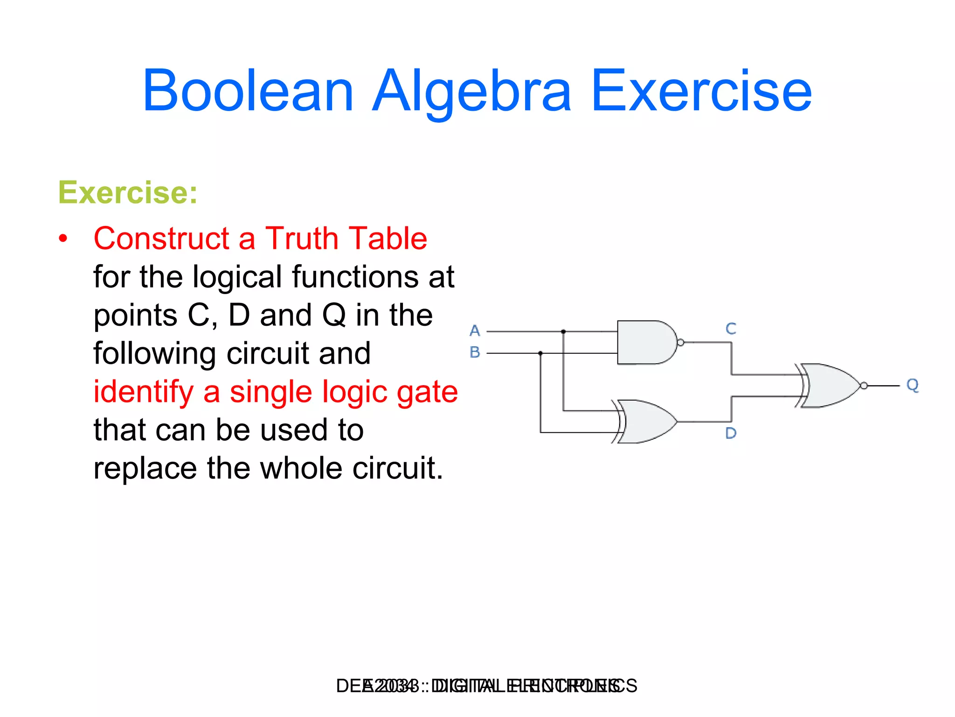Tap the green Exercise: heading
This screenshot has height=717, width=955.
point(128,192)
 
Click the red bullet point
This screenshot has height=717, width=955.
point(63,239)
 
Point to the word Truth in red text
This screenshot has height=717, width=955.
point(302,239)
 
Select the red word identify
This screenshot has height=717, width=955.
point(143,392)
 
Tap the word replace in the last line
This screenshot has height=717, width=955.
point(145,468)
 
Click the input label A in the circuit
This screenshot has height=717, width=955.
point(475,331)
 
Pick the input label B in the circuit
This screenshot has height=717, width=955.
point(475,352)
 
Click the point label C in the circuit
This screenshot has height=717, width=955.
point(731,329)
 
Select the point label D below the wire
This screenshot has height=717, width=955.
point(731,434)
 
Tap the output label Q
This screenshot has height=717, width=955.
point(912,385)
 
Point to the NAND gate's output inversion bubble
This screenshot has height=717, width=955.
point(680,343)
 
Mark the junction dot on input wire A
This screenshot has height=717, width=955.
point(563,331)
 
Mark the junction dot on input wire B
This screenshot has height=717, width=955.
point(540,353)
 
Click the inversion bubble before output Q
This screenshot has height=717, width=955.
point(864,386)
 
